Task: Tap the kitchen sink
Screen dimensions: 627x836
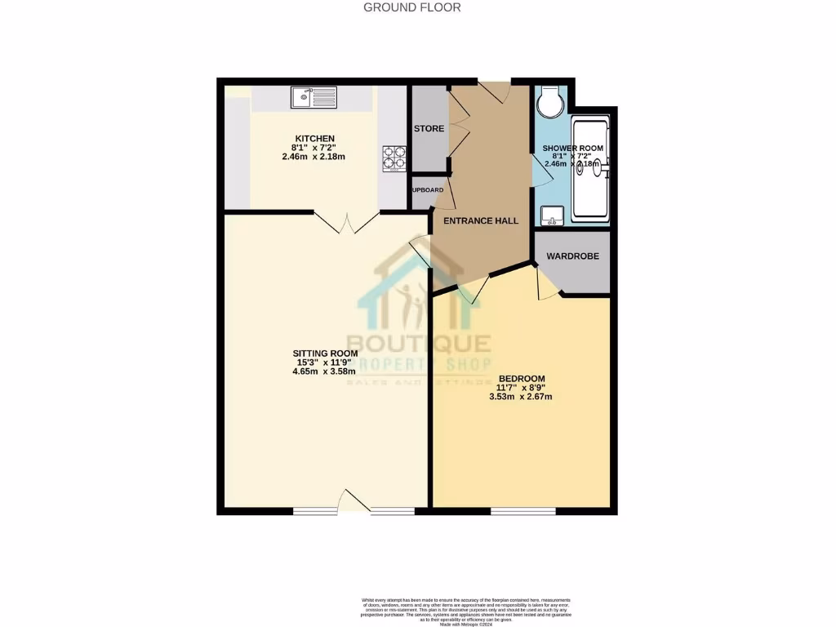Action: [313, 97]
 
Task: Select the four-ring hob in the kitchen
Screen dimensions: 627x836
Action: [394, 158]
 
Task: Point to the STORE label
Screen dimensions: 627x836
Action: [429, 129]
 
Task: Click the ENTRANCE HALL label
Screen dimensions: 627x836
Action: [481, 220]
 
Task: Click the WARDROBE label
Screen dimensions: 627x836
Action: [572, 256]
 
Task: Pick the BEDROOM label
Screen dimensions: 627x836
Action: [522, 378]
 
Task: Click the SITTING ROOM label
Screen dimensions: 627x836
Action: [326, 354]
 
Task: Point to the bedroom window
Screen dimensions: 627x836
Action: [523, 511]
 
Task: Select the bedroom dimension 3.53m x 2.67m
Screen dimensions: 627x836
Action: [522, 398]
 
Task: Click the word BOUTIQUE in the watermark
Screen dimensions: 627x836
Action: [418, 345]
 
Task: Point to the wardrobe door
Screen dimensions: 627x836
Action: [545, 282]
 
